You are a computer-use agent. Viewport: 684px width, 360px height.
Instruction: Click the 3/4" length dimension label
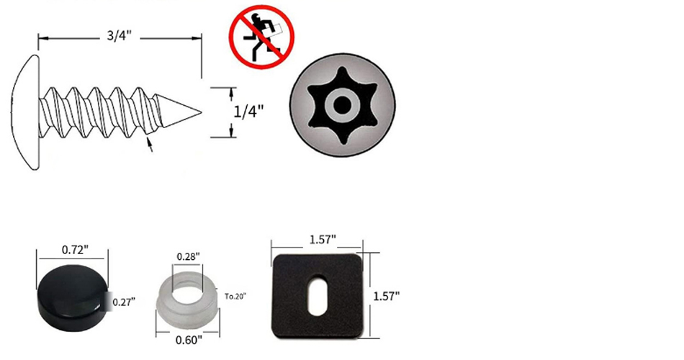coord(119,35)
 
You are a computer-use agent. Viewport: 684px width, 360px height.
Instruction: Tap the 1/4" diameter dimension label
coord(248,112)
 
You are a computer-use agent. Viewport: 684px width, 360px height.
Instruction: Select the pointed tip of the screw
coord(201,112)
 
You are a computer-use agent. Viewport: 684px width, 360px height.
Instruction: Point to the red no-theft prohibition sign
coord(262,37)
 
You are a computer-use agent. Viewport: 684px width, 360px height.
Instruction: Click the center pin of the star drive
coord(343,104)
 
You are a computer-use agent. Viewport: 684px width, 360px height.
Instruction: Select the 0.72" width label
coord(75,250)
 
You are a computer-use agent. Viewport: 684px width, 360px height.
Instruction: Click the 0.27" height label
coord(124,302)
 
